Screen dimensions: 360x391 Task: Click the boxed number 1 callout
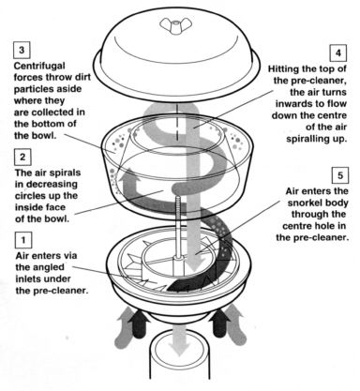coord(23,240)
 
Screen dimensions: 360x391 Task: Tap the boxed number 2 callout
coord(22,157)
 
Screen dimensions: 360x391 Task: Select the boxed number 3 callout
coord(22,50)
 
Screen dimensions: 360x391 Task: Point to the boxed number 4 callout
coord(338,53)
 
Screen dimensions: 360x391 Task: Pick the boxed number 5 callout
coord(340,175)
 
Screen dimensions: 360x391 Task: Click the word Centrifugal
coord(39,67)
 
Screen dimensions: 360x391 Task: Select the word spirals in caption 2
coord(66,173)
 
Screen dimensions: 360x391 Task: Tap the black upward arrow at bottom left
coord(140,323)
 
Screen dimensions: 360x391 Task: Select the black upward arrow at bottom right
coord(220,323)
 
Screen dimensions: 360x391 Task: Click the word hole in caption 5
coord(326,226)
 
